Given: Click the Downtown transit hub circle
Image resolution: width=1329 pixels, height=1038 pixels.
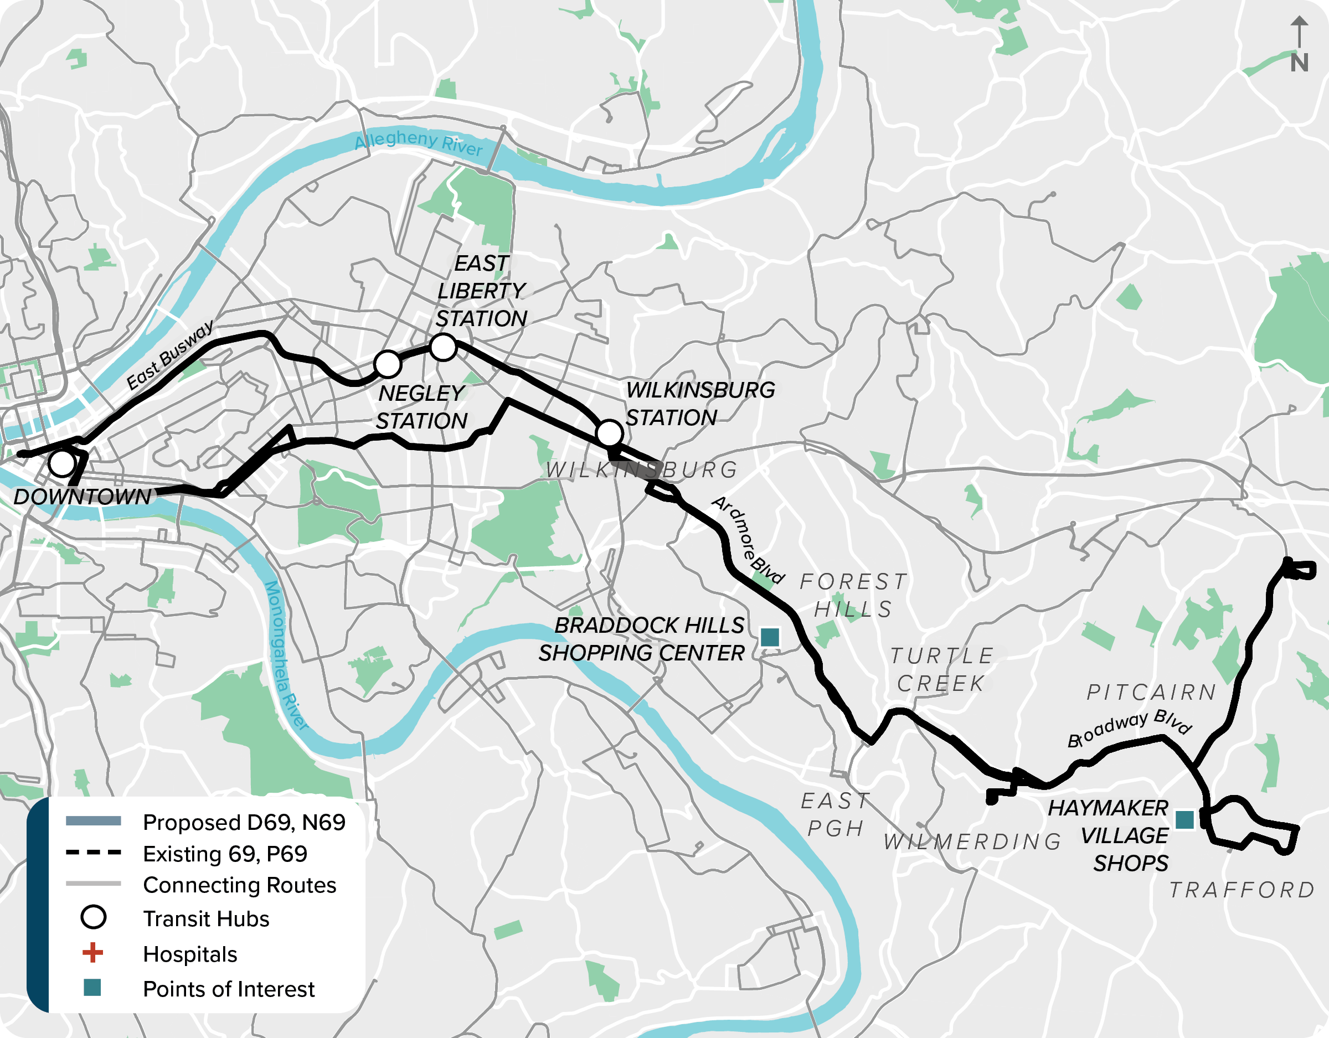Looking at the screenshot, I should pos(62,463).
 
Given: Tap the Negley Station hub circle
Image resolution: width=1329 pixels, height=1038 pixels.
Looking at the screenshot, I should pos(388,364).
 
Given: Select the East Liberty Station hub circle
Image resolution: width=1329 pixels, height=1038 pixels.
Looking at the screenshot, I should pos(443,347).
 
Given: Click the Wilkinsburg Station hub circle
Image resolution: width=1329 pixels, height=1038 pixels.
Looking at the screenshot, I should pos(609,433).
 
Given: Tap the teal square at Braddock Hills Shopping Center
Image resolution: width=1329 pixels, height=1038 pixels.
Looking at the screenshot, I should pos(770,637).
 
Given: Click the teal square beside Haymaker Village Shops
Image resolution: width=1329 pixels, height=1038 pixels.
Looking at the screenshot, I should pos(1184,819).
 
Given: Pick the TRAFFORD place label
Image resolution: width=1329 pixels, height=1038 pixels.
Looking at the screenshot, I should pos(1242,890).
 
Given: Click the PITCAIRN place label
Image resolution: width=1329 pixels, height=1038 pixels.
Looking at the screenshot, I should pos(1151,693).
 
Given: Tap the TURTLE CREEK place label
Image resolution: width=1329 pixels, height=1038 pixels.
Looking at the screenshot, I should pos(941,669).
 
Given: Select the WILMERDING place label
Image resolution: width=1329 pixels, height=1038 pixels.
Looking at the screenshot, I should pos(972,841).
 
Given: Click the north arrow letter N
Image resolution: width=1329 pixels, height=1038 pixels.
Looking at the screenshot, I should pos(1299,63).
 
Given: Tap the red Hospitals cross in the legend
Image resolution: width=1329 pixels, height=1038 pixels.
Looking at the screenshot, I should pos(92,953).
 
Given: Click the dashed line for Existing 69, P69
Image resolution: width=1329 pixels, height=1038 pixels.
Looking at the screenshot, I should pos(93,853).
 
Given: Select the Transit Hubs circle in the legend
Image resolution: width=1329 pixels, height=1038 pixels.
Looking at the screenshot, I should pos(93,917).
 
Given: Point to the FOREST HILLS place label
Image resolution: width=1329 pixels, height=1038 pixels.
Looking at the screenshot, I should pos(853,595).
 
